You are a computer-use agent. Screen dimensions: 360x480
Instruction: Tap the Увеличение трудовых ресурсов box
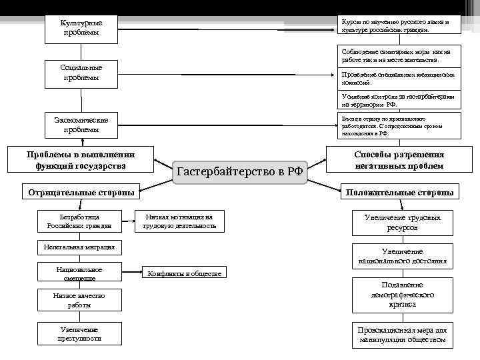(402, 223)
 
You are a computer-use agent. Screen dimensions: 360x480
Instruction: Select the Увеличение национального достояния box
(402, 257)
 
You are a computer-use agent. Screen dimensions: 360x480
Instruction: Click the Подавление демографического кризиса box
(402, 294)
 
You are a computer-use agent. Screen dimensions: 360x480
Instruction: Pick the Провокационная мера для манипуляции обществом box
(402, 335)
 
